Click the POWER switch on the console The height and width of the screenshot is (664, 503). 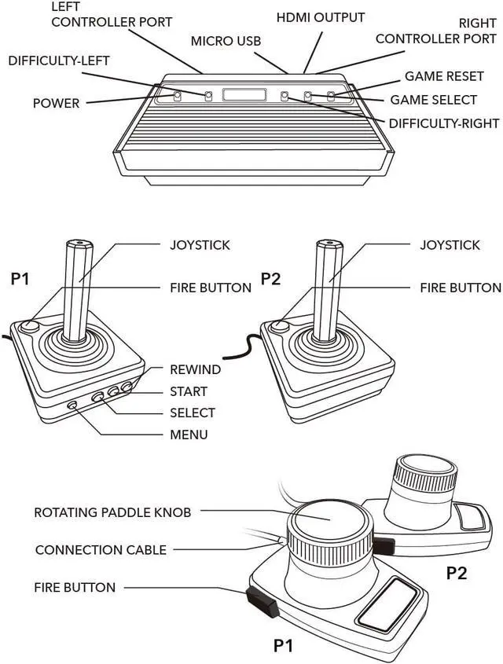click(x=178, y=96)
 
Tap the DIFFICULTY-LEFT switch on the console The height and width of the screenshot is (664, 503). click(x=208, y=96)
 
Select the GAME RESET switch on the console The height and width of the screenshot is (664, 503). click(x=331, y=96)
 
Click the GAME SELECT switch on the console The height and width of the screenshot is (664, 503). click(x=308, y=96)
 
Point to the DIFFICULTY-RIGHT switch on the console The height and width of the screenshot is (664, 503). click(x=285, y=96)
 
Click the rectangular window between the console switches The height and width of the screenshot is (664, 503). click(x=244, y=95)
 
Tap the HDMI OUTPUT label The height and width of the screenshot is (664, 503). click(x=321, y=17)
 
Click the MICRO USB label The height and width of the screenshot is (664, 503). click(x=226, y=41)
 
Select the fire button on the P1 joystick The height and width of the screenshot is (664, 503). click(x=30, y=326)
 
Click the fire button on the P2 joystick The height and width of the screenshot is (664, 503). click(x=280, y=326)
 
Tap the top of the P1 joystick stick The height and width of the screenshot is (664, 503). click(x=79, y=244)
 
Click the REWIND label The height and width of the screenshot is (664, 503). click(x=195, y=369)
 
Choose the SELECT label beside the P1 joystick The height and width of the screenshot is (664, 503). click(x=193, y=413)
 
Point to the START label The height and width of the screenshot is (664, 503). click(x=189, y=391)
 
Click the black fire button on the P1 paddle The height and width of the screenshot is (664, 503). click(x=263, y=602)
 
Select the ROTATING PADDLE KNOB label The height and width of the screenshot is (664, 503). click(x=112, y=512)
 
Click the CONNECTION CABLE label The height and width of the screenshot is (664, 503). click(x=101, y=549)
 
